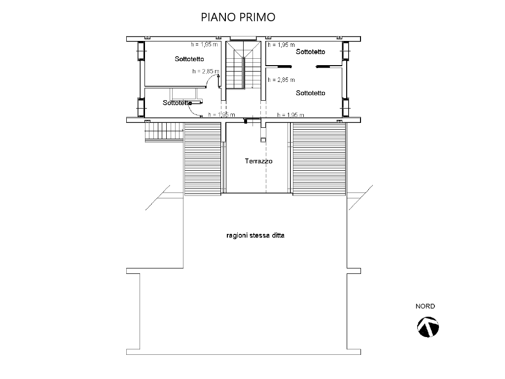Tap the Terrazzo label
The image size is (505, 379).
click(x=258, y=161)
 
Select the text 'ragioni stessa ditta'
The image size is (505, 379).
click(x=255, y=235)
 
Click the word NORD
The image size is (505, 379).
click(x=425, y=306)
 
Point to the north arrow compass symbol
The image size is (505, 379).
click(x=428, y=327)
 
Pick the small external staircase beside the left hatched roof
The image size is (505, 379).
click(x=164, y=132)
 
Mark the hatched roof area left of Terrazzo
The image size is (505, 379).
click(x=203, y=159)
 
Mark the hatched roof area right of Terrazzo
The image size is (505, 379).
click(x=319, y=159)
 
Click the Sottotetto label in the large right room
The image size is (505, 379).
click(x=311, y=93)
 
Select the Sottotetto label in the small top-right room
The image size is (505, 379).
click(x=311, y=51)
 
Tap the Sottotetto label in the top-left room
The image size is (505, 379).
click(x=189, y=59)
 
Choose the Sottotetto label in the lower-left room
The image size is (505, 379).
click(x=177, y=103)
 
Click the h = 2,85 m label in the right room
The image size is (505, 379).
click(x=281, y=79)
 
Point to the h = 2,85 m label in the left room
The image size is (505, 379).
click(x=206, y=71)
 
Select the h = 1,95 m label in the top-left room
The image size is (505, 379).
click(x=204, y=44)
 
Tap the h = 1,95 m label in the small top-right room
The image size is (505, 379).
click(x=281, y=45)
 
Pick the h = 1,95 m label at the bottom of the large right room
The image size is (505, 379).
click(x=290, y=114)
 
